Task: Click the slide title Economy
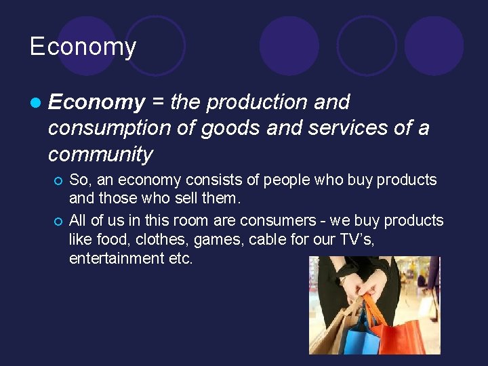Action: [83, 47]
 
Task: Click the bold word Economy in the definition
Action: [97, 102]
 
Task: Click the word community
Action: [100, 154]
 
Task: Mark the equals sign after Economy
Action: [157, 102]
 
